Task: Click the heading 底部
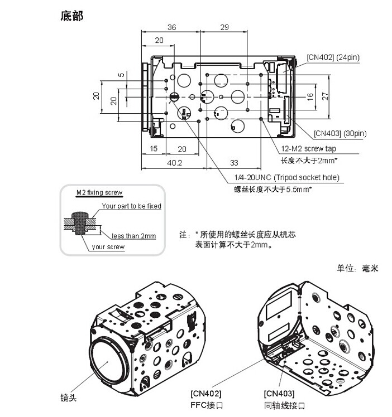71,16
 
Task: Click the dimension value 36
172,27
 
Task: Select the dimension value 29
224,27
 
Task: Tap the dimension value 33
235,163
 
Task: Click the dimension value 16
310,96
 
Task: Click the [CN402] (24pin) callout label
333,56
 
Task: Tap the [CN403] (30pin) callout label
340,133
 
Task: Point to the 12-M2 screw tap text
308,149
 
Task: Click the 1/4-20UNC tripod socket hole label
286,178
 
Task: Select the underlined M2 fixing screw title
99,193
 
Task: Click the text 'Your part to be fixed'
131,206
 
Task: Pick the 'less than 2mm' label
133,236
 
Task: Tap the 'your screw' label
108,246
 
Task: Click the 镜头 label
68,397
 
